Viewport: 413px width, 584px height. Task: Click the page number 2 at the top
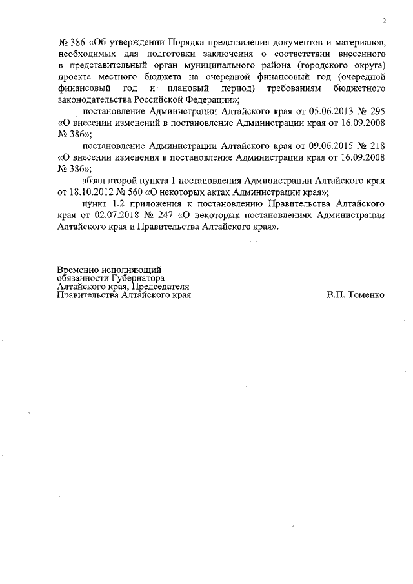point(383,21)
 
